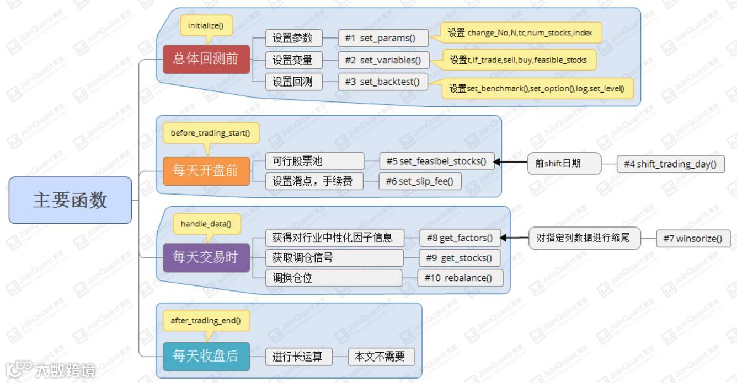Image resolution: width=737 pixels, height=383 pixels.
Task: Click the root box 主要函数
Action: click(70, 200)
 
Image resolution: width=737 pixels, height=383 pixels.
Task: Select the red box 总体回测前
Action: click(206, 59)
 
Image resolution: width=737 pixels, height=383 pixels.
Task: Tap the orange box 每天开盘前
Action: click(206, 170)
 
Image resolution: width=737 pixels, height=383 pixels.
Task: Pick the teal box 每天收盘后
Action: click(206, 356)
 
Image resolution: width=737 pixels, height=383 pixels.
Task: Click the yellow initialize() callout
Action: click(206, 26)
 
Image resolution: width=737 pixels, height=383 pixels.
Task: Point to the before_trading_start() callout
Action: click(210, 133)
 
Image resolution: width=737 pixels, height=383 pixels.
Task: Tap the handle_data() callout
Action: click(206, 224)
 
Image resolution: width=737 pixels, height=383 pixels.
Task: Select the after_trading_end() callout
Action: click(206, 320)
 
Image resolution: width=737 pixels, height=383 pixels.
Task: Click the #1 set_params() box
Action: click(383, 38)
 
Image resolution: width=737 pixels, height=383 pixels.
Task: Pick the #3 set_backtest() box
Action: click(383, 82)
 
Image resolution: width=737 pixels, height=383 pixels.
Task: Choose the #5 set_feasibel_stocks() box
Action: click(436, 161)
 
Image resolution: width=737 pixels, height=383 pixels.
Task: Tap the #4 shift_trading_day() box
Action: click(670, 164)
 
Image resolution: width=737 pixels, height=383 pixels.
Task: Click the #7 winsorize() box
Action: click(693, 239)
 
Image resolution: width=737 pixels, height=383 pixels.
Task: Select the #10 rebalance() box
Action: click(460, 278)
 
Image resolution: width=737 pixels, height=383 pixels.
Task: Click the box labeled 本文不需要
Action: click(381, 357)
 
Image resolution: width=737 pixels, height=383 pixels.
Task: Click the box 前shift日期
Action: click(563, 164)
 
